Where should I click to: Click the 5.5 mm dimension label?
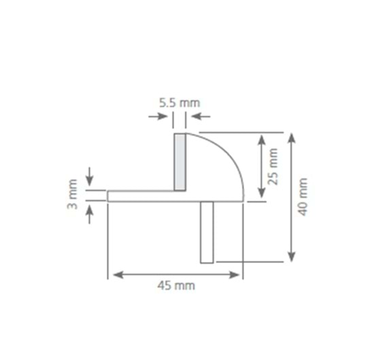(180, 103)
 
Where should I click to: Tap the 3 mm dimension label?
(72, 194)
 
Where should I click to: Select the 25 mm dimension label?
(273, 166)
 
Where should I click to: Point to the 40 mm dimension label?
(303, 197)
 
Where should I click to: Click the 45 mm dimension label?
(176, 285)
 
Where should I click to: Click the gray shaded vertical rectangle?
(180, 162)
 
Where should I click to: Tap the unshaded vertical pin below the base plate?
(207, 232)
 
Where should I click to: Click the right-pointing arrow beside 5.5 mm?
(158, 117)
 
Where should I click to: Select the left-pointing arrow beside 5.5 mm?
(201, 117)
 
